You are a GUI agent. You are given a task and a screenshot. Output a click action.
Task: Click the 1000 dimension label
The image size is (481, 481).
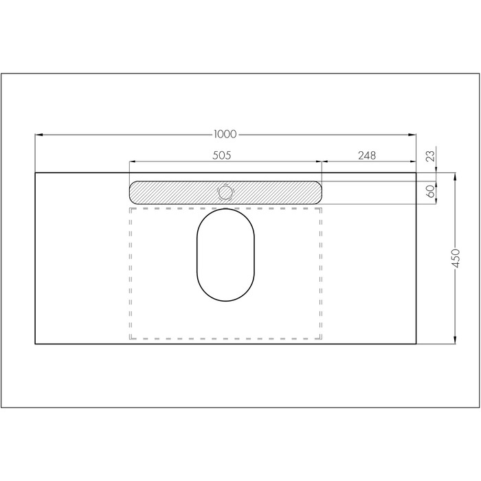[225, 134]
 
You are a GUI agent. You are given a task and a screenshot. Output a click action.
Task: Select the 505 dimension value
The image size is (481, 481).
[221, 155]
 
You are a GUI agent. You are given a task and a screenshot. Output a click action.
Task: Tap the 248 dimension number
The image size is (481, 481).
[367, 155]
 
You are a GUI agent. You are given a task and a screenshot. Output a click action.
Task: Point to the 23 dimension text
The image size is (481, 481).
[431, 156]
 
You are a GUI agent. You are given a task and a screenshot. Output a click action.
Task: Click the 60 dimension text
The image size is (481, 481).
[431, 191]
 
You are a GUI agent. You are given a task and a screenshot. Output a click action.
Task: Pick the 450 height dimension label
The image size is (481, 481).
[456, 258]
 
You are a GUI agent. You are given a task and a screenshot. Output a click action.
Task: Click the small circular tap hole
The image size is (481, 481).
[225, 192]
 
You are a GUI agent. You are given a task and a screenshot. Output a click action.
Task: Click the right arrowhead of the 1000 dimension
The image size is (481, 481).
[412, 135]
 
